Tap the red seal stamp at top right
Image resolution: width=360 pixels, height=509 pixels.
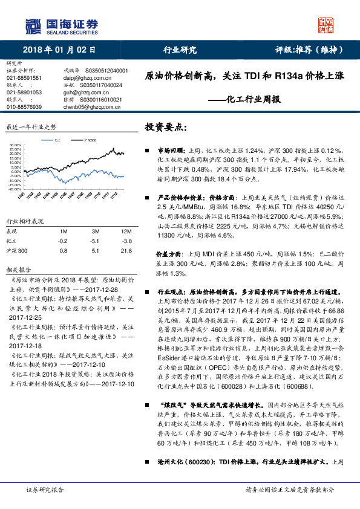tap(326, 25)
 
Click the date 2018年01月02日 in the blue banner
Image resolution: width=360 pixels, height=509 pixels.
tap(59, 50)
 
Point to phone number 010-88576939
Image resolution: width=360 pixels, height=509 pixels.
tap(24, 106)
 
